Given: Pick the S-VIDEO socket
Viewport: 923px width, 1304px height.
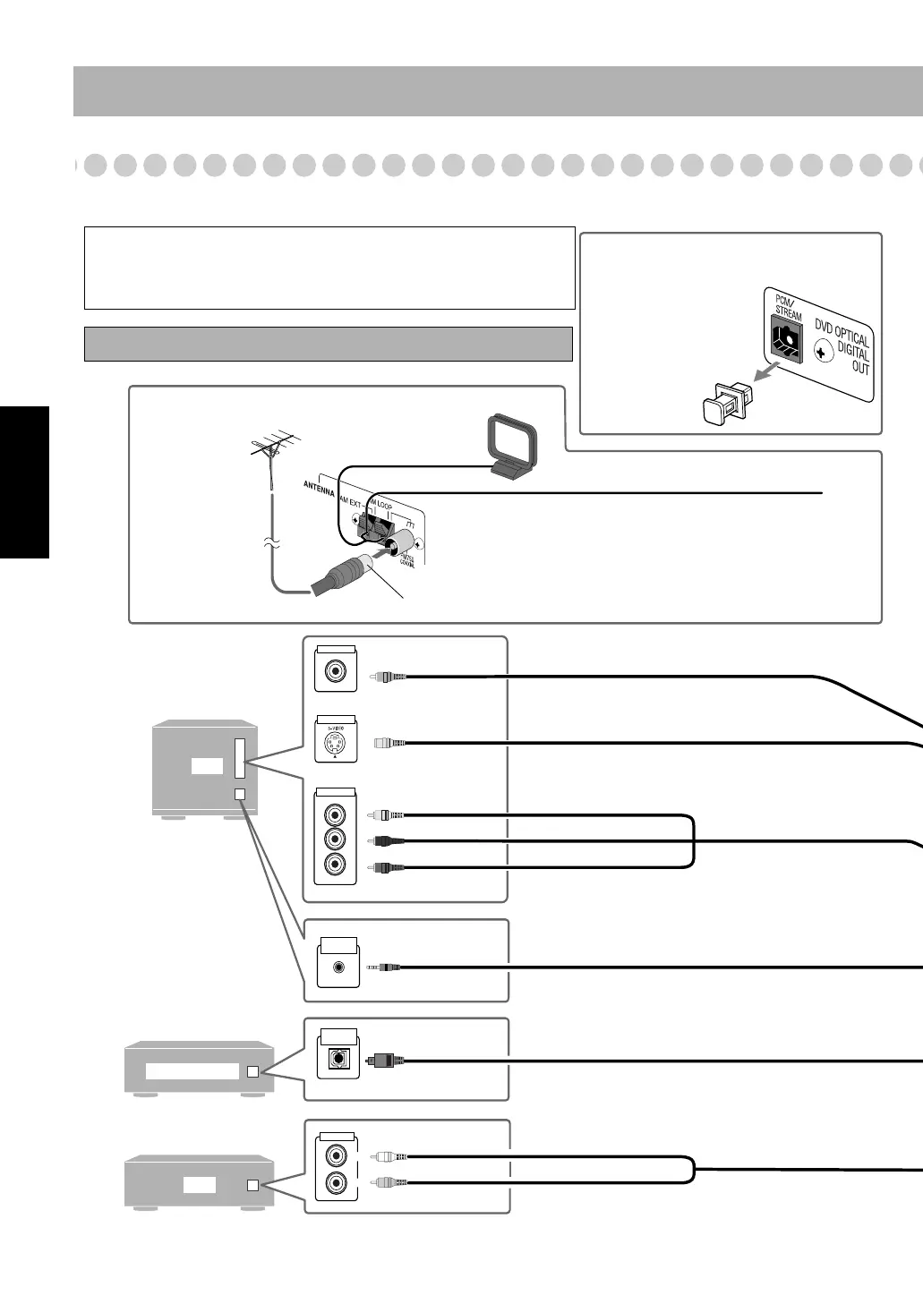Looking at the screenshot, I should pos(336,743).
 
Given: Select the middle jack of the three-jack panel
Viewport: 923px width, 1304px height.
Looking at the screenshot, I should pos(336,840).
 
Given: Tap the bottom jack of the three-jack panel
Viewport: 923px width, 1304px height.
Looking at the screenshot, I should pos(336,865).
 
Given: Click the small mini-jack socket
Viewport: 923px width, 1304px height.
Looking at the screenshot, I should pos(338,967).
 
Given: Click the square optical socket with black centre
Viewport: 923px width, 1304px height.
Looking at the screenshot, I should pos(338,1060).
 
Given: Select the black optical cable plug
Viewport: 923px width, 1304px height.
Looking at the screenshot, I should pos(386,1060).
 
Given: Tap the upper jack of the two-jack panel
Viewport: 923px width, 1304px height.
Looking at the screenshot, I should pos(336,1155).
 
